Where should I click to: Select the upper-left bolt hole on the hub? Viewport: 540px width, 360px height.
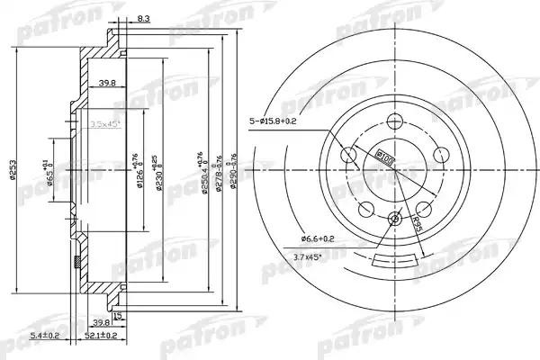pyautogui.click(x=351, y=156)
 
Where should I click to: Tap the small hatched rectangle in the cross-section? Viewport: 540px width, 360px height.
pyautogui.click(x=76, y=262)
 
